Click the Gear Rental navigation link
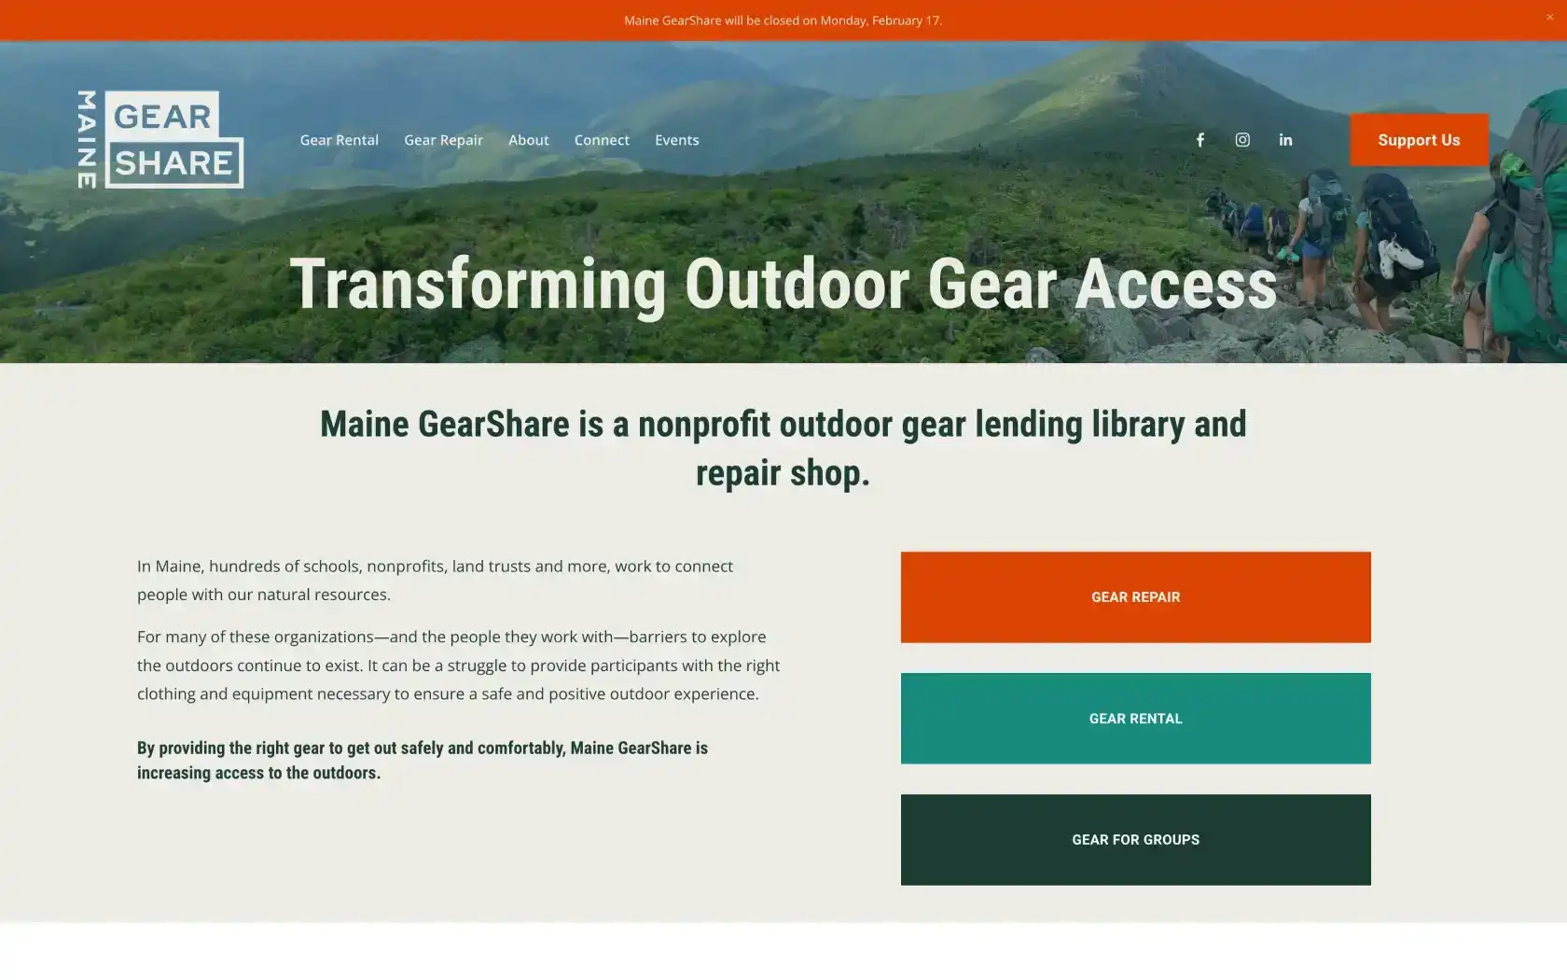339,140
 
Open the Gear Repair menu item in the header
443,140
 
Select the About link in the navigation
528,140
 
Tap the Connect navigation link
602,140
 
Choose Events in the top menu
676,140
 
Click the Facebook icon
1200,140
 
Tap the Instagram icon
1242,140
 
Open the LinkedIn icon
1285,140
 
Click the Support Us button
1419,140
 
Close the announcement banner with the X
1550,17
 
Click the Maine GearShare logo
160,140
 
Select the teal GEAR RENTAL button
1135,719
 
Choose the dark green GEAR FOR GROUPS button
1135,840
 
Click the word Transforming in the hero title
478,285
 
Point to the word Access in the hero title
1175,285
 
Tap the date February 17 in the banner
906,21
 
